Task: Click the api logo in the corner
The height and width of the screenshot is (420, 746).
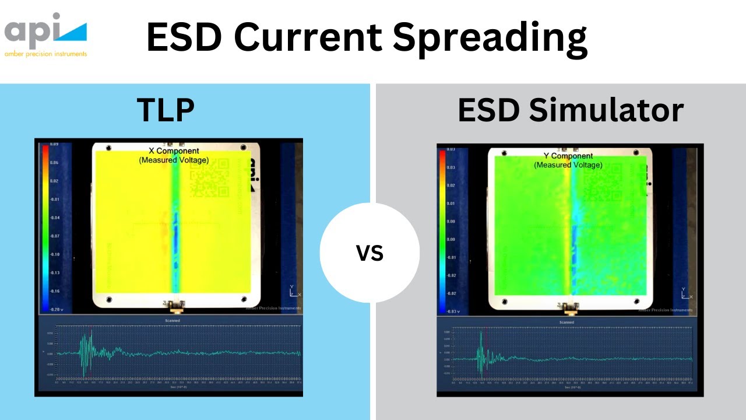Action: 45,29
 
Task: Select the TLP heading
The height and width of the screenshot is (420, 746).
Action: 166,110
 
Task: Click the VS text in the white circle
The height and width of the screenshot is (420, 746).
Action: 370,253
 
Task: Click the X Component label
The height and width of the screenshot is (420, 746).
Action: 174,152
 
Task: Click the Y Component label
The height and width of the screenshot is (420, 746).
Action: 568,156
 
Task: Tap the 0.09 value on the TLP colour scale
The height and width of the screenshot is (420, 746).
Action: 54,143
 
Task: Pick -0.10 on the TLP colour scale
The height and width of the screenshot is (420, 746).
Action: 54,254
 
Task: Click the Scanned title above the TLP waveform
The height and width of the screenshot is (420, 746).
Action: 173,320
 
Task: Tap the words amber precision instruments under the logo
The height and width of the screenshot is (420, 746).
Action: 45,54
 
